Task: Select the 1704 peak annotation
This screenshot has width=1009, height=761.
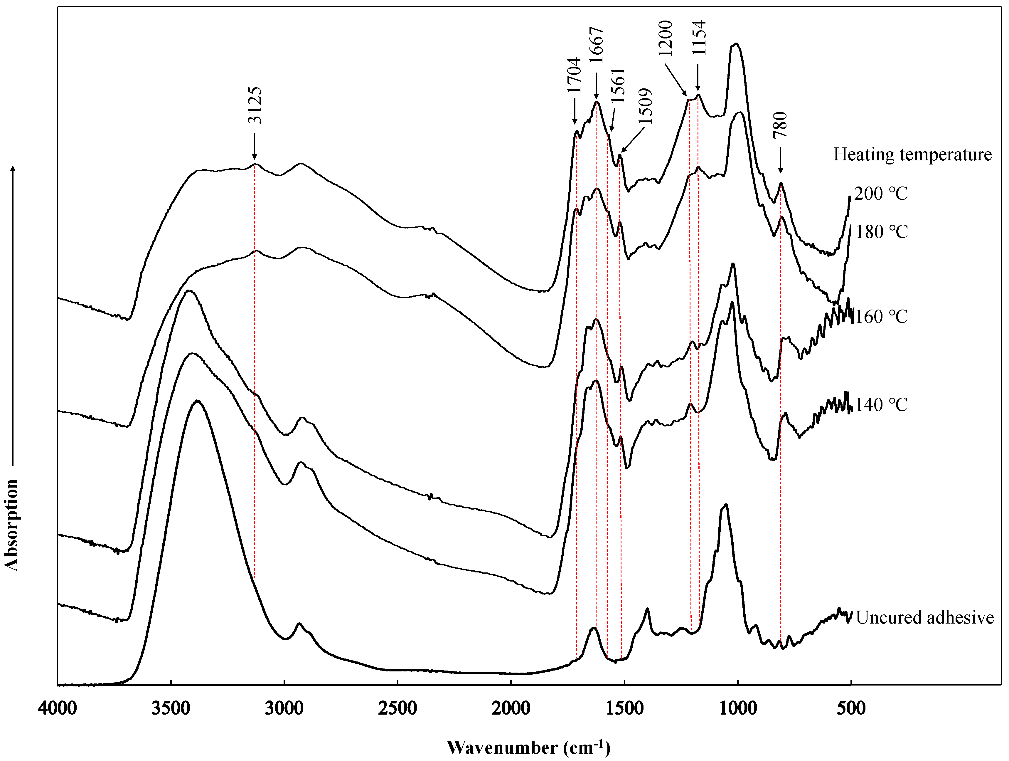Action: click(x=574, y=75)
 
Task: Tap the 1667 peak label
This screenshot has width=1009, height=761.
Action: click(x=596, y=44)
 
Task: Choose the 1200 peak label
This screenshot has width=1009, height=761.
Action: click(x=666, y=38)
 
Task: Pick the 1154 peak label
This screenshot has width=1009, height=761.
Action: click(x=698, y=37)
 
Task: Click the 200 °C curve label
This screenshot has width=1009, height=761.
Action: click(x=881, y=194)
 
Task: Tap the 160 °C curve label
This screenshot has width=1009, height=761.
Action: click(x=881, y=317)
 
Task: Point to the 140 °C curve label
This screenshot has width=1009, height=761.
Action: click(x=881, y=405)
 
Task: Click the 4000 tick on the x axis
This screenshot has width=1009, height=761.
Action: click(x=58, y=708)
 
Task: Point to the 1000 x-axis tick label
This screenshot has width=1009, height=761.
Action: click(x=737, y=708)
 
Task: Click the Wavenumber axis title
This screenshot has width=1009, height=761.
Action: click(x=528, y=747)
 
